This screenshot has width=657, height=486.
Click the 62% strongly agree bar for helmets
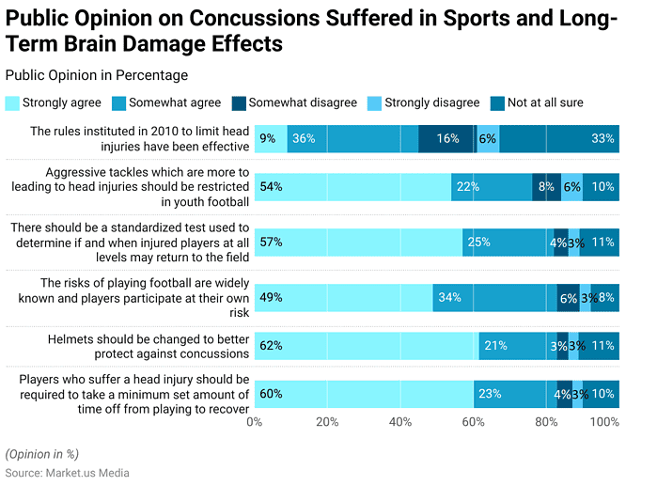367,345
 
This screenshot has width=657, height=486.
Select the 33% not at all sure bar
559,138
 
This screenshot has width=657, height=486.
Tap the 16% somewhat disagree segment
447,138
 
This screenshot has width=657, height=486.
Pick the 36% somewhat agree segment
352,138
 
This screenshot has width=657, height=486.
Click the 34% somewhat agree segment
494,297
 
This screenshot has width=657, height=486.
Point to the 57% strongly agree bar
358,242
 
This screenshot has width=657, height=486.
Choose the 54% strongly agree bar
352,186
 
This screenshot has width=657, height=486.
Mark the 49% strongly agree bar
343,297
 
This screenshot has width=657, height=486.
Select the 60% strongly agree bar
364,394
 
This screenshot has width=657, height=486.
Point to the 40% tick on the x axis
400,422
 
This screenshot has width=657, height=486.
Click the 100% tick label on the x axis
603,422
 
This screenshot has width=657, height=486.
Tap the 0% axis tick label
254,422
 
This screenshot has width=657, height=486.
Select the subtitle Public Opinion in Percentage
97,75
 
